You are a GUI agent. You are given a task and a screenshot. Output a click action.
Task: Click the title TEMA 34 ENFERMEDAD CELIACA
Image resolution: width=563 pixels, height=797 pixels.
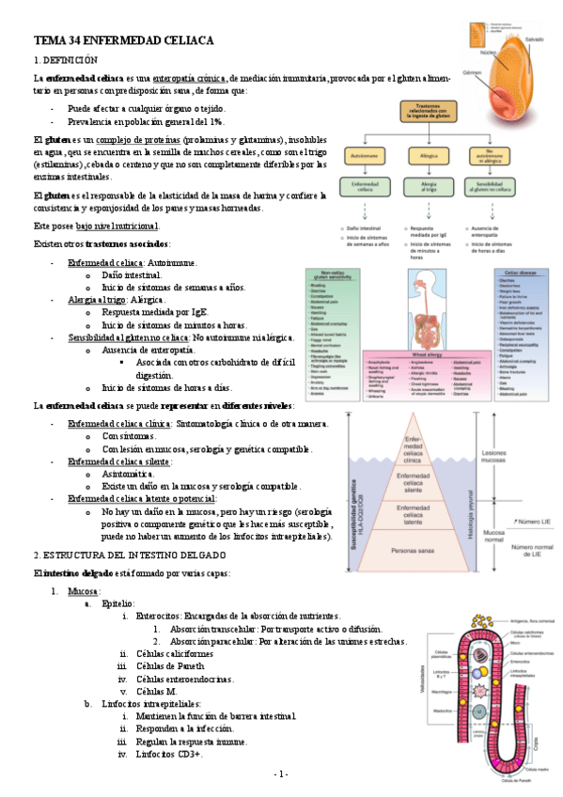click(x=125, y=41)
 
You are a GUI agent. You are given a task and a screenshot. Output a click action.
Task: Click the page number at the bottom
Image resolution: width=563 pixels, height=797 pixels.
click(x=280, y=773)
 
